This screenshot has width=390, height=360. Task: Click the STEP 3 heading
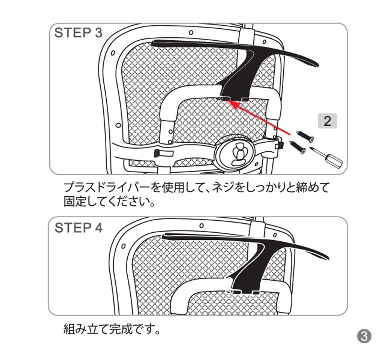point(78,33)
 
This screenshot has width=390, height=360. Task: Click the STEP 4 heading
point(78,228)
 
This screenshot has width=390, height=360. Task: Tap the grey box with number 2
point(327,121)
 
